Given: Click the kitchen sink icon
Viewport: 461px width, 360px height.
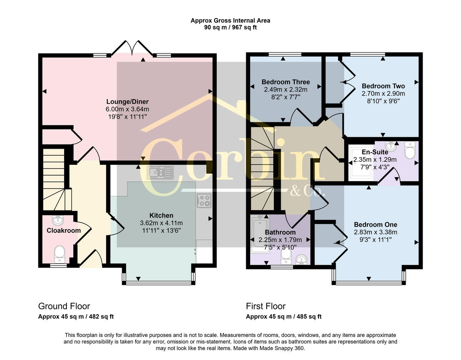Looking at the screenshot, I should point(160,173).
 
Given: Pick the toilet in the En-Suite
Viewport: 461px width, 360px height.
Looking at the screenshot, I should point(410,150).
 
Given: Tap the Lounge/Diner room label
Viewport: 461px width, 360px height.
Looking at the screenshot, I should point(127,102).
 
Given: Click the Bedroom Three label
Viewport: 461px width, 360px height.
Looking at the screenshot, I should point(285,82).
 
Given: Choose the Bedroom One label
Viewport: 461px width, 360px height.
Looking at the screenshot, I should point(375,225).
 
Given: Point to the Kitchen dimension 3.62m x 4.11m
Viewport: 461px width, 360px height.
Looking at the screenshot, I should point(161,223).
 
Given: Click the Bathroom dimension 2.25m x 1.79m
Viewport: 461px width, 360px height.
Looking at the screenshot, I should point(280,240).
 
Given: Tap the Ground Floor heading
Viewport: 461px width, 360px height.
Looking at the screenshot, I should point(64,306).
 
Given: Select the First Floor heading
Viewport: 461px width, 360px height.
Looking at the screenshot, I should point(265,306).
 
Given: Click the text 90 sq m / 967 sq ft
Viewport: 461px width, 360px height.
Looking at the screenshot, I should point(230,27).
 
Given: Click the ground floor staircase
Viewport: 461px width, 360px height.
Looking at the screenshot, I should point(54,179).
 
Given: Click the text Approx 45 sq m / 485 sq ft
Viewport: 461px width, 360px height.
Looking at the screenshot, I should point(284,317).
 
